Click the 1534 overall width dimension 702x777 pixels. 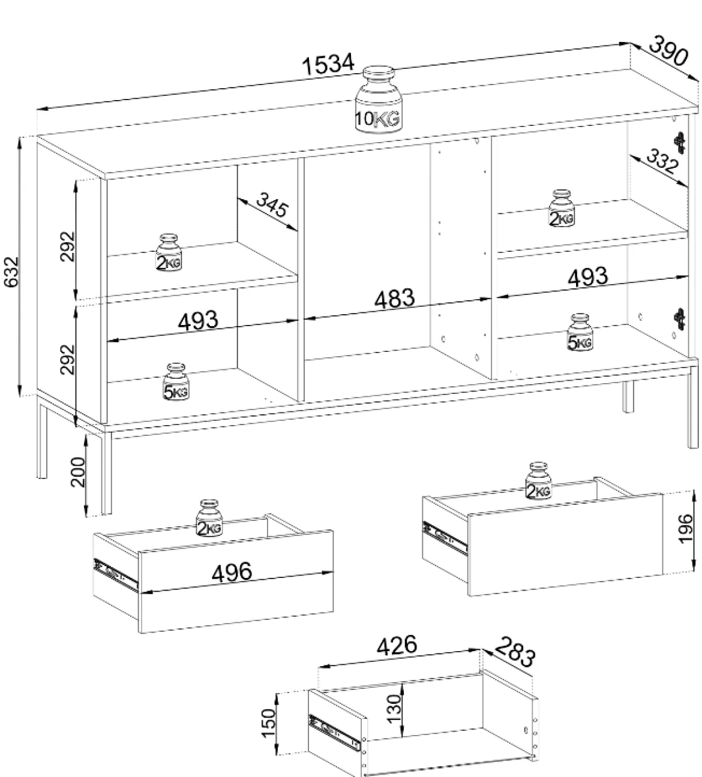pos(328,65)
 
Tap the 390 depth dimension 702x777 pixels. pos(668,50)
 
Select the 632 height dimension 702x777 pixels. pos(11,272)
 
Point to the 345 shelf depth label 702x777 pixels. pos(272,204)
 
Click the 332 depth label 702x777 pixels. pos(662,161)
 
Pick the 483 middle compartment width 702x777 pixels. pos(394,298)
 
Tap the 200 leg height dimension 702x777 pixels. pos(78,471)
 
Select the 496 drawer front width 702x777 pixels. pos(232,572)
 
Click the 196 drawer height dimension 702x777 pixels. pos(685,528)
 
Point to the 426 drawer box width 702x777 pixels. pos(397,645)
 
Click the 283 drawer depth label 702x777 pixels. pos(515,652)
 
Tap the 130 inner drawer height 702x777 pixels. pos(394,709)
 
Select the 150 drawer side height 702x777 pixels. pos(268,723)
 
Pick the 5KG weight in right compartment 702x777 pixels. pos(580,332)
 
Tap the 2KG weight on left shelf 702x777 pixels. pos(169,252)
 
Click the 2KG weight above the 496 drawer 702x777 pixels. pos(209,518)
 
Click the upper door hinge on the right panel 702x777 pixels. pos(680,143)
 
